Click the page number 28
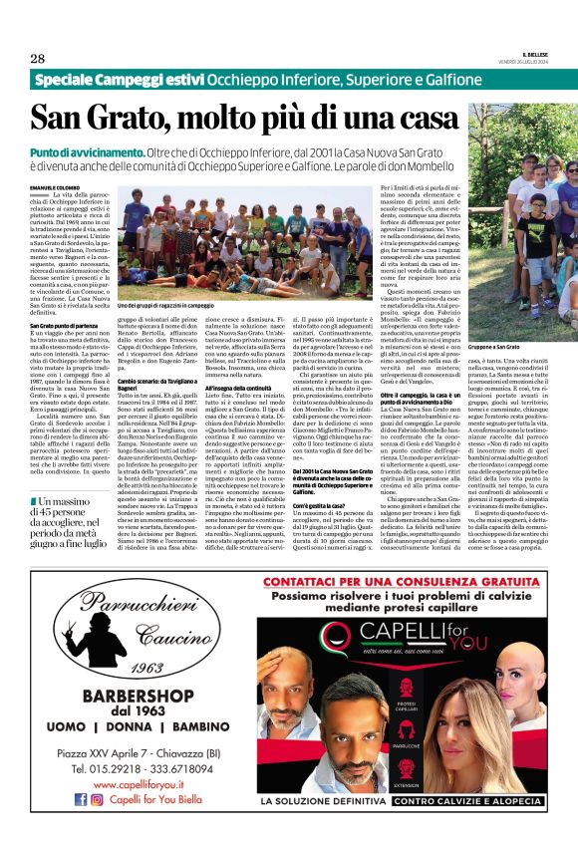pyautogui.click(x=37, y=58)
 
